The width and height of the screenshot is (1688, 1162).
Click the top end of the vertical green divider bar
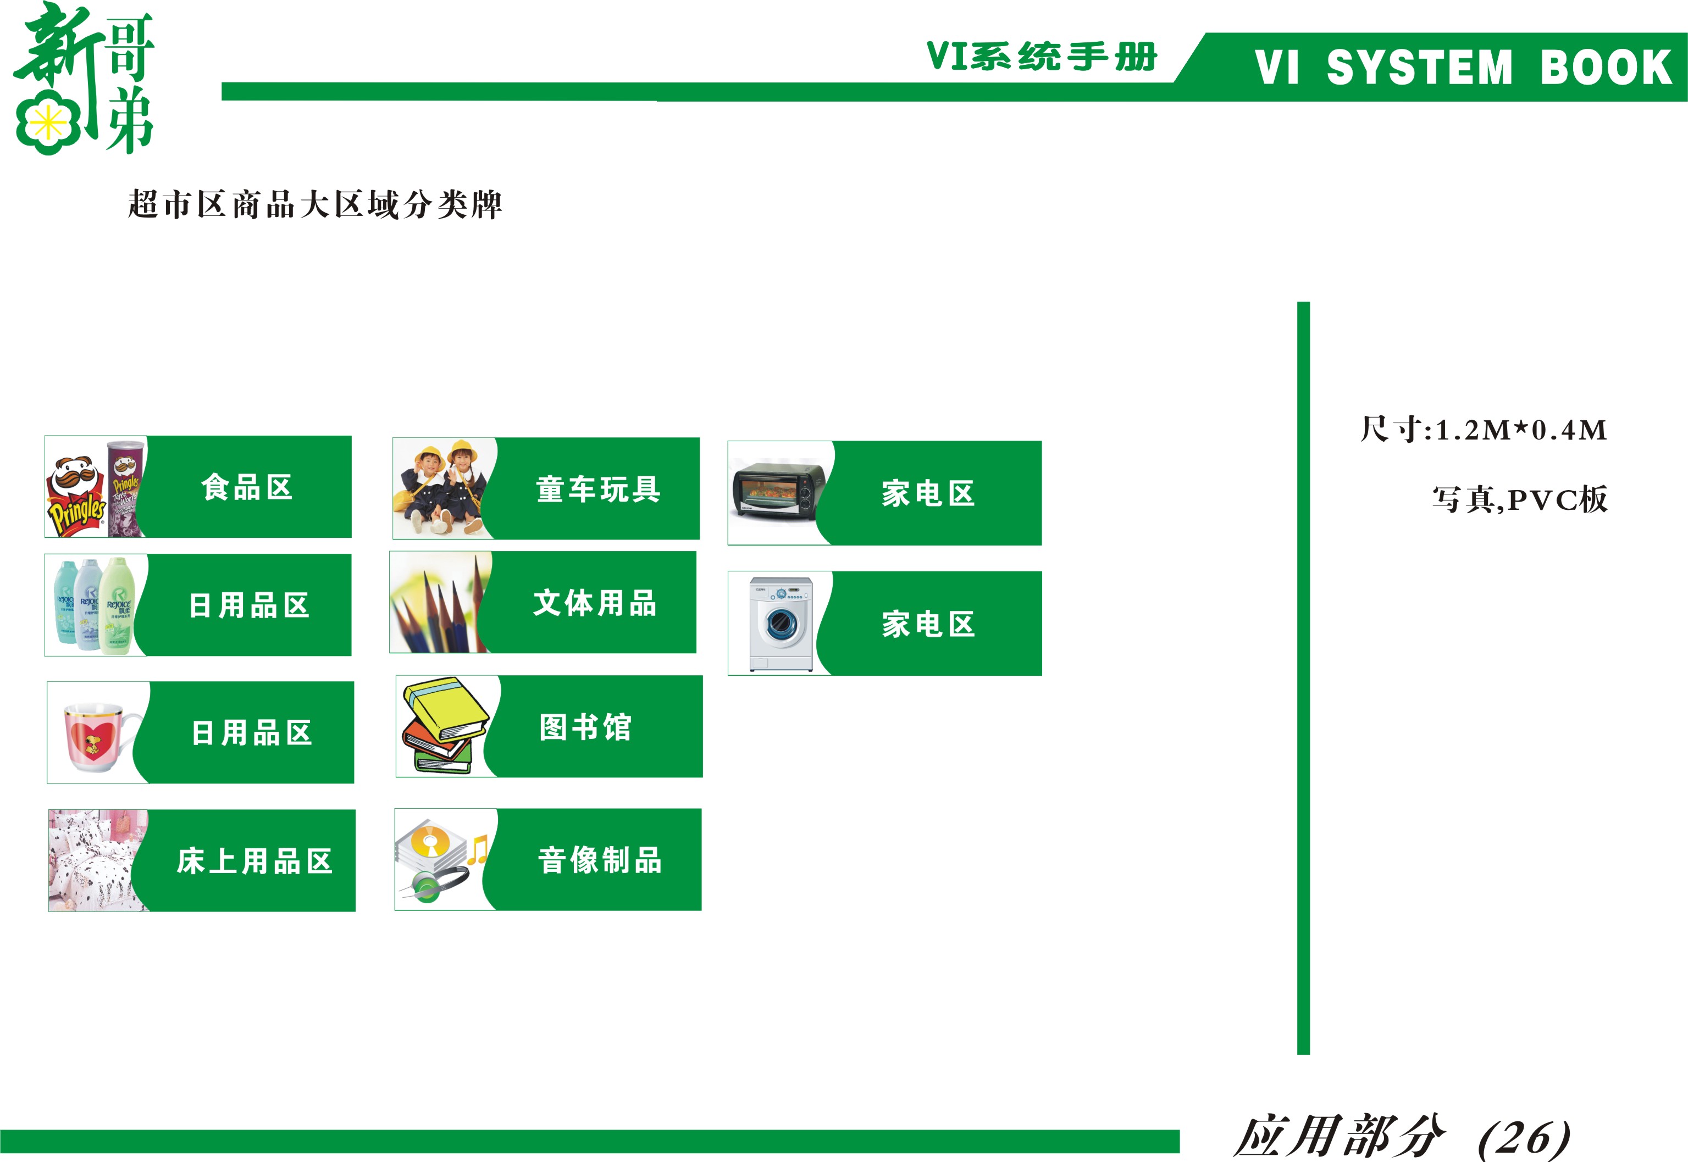click(1303, 303)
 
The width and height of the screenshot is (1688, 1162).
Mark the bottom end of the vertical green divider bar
click(1303, 1054)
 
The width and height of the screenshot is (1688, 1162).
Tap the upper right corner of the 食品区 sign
click(351, 436)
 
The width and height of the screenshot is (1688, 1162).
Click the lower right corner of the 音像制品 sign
click(701, 910)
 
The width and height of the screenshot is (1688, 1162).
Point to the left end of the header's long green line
click(222, 91)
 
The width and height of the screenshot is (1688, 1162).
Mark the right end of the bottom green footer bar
click(1179, 1141)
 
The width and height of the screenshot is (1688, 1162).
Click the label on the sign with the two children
click(598, 490)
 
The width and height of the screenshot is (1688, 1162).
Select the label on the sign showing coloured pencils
click(594, 603)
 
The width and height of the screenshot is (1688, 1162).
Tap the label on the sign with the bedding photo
click(254, 861)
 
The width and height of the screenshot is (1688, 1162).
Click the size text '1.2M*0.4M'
click(1520, 430)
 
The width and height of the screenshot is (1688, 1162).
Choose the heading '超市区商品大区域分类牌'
click(314, 204)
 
